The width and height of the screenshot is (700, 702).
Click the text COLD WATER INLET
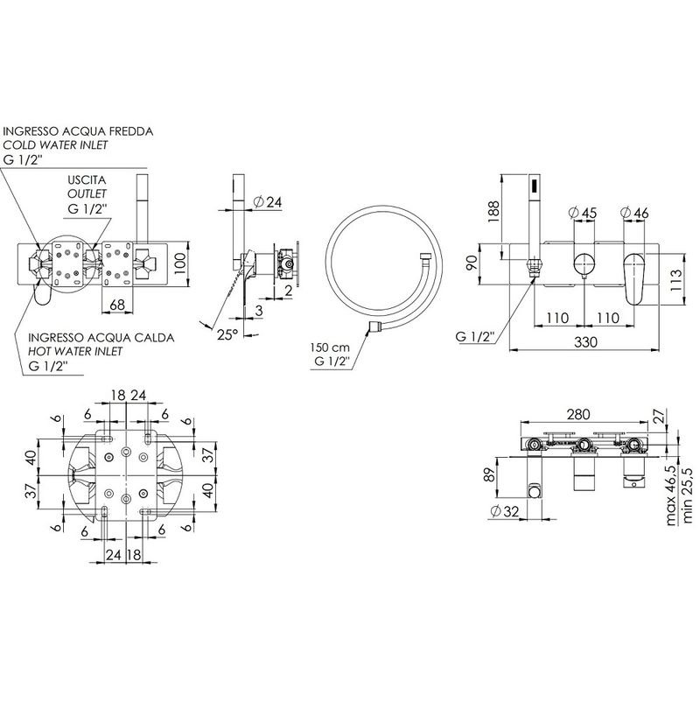(x=56, y=145)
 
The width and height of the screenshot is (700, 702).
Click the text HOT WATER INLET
(x=75, y=352)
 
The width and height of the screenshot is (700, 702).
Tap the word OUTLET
(x=87, y=193)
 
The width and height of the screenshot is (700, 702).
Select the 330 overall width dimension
(x=586, y=342)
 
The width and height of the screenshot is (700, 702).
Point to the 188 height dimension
(x=493, y=211)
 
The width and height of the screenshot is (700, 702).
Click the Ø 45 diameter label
(x=582, y=213)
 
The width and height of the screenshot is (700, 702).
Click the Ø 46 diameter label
(x=634, y=213)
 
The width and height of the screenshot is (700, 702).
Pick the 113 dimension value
(x=677, y=280)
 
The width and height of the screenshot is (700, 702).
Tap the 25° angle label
(x=227, y=334)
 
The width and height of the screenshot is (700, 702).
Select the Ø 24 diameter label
(x=267, y=202)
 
